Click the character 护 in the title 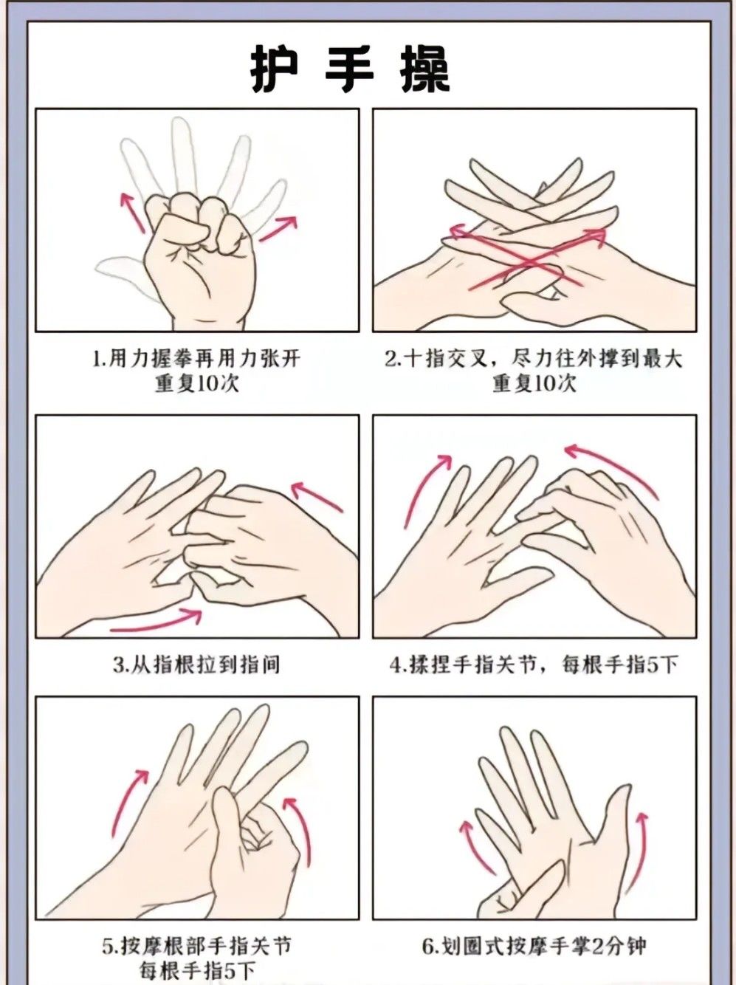point(275,70)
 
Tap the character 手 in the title point(349,70)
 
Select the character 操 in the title point(424,70)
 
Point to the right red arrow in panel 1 point(278,228)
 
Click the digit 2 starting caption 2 point(391,360)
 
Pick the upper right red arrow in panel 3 point(317,496)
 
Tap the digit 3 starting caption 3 point(118,665)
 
